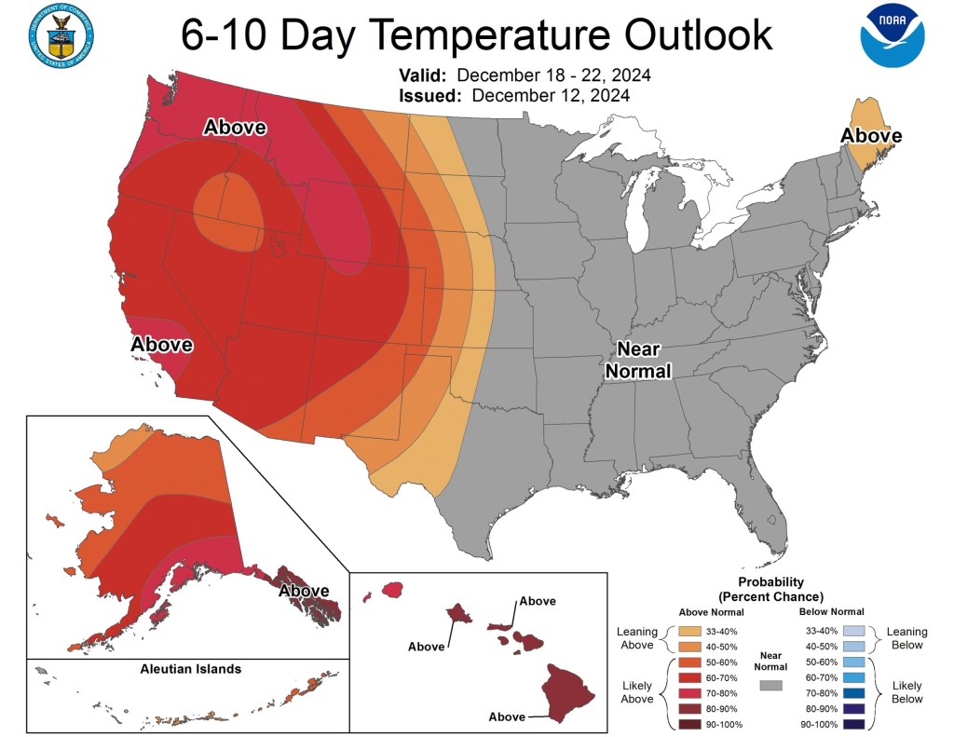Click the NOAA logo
click(893, 35)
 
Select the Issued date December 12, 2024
click(550, 95)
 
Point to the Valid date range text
click(553, 75)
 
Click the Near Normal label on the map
click(638, 361)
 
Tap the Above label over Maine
click(871, 136)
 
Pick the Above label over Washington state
click(235, 128)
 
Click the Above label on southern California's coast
click(161, 345)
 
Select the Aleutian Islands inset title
click(191, 669)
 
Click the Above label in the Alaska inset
click(305, 591)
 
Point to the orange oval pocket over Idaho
click(229, 211)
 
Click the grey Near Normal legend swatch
click(770, 686)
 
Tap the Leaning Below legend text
click(906, 637)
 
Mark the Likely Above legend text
click(637, 692)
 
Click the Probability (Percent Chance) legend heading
click(770, 589)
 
